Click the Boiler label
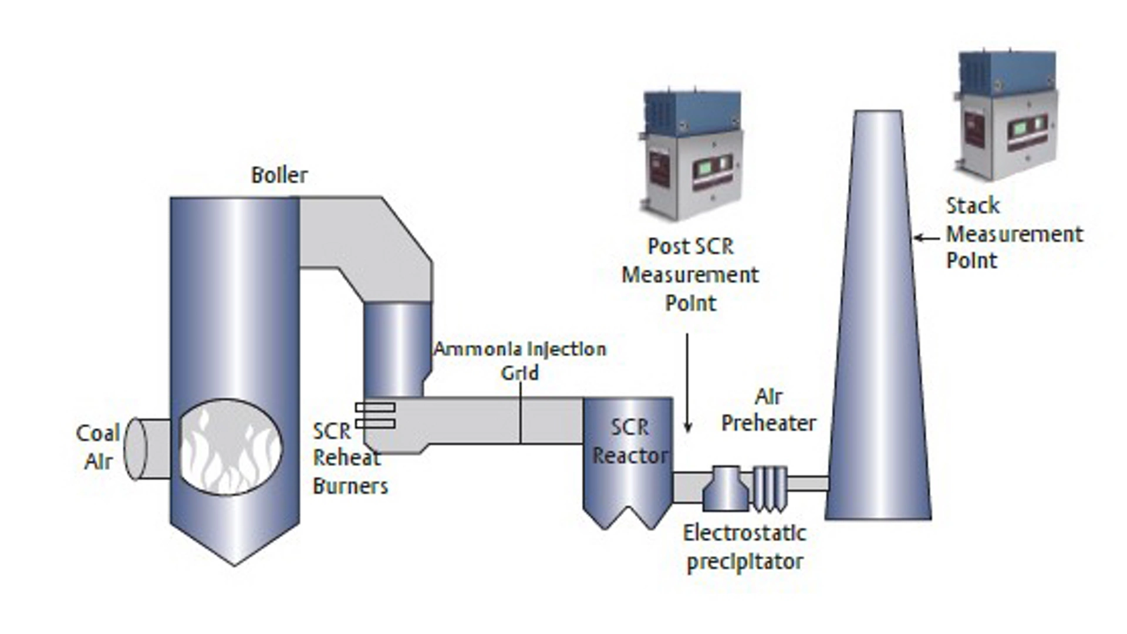click(279, 175)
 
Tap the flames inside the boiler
click(229, 449)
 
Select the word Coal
click(97, 434)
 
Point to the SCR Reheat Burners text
click(349, 458)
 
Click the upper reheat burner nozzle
click(375, 407)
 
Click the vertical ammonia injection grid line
click(521, 417)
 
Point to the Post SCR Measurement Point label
click(690, 275)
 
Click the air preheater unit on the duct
click(726, 488)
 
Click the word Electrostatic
click(744, 533)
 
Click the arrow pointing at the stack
click(926, 238)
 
